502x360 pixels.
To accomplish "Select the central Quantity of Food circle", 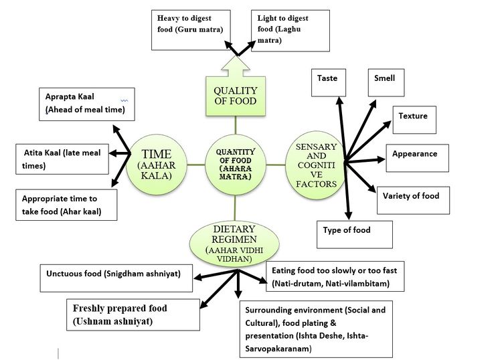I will tap(235, 163).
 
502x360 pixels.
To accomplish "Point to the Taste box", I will tap(331, 83).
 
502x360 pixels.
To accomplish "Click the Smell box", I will tap(390, 83).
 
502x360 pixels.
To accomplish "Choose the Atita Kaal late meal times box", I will tap(60, 159).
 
